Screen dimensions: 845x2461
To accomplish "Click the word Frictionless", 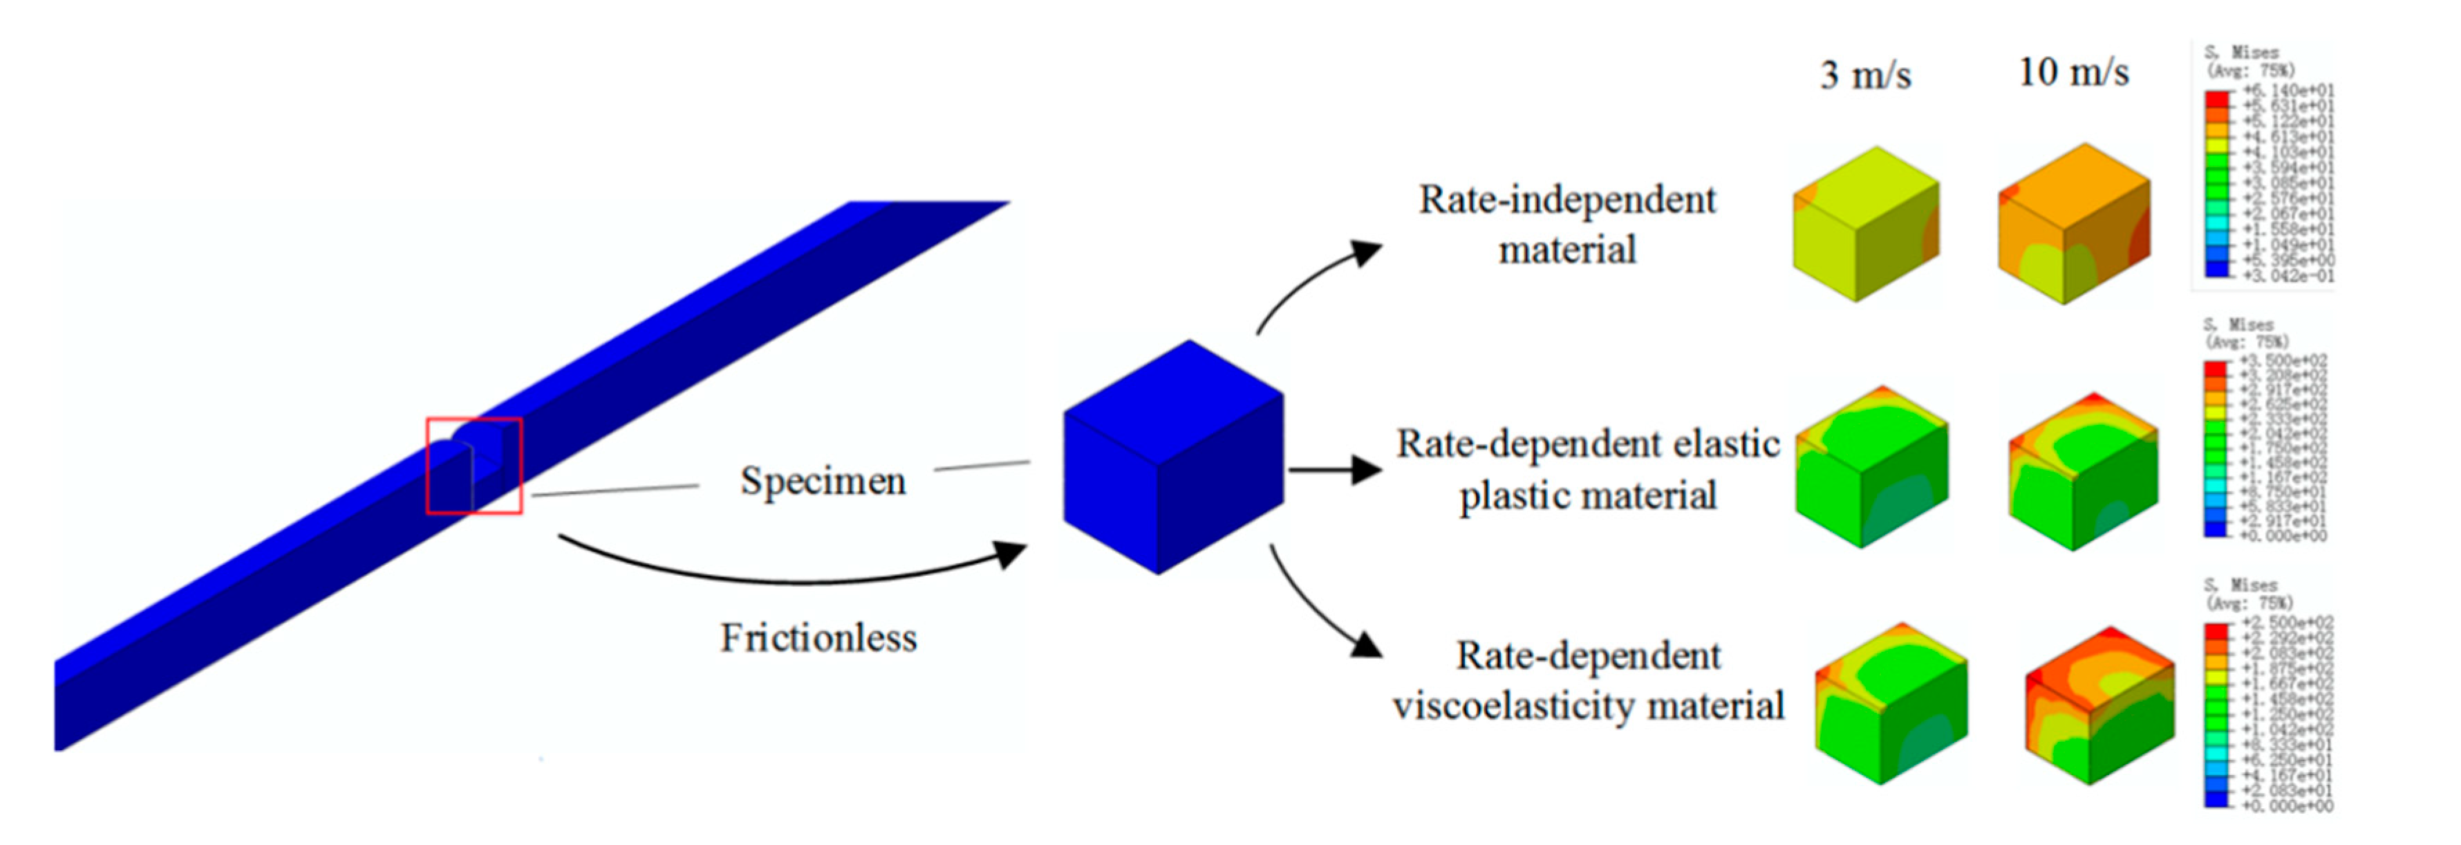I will click(818, 637).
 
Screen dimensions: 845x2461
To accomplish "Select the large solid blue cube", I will click(1173, 457).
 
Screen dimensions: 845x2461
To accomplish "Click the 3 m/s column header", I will click(1865, 75).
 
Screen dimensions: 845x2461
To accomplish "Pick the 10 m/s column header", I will click(2073, 72).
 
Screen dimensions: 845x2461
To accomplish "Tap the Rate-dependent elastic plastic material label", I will click(1588, 469).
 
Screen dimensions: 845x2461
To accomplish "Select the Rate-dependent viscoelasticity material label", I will click(1588, 680).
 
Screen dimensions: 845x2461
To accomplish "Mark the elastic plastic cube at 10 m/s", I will click(2083, 471).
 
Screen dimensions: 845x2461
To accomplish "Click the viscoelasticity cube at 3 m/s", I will click(1891, 704).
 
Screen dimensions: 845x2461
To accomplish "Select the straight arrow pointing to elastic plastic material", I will click(1334, 469).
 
